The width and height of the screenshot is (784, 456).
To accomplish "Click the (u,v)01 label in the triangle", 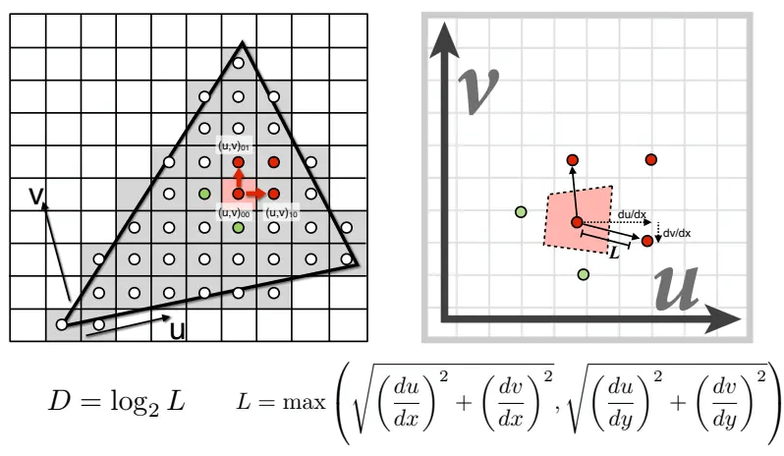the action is (x=234, y=146).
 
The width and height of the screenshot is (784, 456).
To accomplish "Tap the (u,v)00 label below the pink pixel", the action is (x=234, y=212).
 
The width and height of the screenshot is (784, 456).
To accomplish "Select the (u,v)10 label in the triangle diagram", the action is (x=282, y=212).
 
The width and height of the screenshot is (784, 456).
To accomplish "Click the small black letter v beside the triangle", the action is (x=36, y=196).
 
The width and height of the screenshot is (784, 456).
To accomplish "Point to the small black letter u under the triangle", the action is (x=178, y=330).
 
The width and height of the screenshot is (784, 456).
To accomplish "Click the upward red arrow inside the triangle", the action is (x=239, y=178).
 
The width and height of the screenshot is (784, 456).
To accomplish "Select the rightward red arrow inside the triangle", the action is (x=255, y=194).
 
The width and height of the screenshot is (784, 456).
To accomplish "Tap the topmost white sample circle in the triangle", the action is (x=239, y=63).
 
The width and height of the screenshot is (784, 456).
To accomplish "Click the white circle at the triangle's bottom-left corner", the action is (x=62, y=324).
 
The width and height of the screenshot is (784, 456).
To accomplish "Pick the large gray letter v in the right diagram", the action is (x=478, y=90).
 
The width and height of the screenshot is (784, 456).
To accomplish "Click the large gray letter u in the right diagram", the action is (x=677, y=289).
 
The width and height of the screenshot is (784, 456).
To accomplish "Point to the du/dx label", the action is (x=632, y=214).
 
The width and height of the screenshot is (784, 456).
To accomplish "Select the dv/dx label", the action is (x=677, y=233).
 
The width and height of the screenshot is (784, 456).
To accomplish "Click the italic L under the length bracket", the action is (x=614, y=253).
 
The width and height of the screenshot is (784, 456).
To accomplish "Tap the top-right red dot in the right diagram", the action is (x=650, y=159).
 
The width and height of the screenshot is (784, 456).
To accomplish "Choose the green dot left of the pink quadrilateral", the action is (x=521, y=212).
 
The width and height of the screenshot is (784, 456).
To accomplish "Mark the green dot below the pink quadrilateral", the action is (x=583, y=274).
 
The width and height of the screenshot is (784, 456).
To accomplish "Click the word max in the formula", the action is (x=304, y=403).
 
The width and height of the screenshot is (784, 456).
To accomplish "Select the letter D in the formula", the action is (x=59, y=401).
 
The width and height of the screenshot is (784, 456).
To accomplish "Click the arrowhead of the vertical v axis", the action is (x=443, y=40).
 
